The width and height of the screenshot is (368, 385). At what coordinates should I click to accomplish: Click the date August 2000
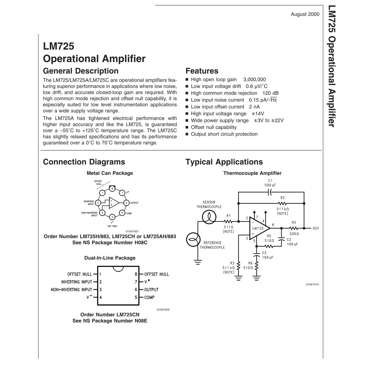point(305,14)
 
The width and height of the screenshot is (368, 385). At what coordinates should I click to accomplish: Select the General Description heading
point(81,71)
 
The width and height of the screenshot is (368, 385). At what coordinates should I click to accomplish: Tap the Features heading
point(202,71)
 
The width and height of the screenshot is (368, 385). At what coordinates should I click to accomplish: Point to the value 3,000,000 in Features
point(255,80)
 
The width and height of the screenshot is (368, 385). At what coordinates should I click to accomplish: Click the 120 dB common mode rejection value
point(271,93)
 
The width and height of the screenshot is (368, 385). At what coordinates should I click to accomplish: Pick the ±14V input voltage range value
point(258,114)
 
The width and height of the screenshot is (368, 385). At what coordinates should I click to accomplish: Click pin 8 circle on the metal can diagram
point(112,189)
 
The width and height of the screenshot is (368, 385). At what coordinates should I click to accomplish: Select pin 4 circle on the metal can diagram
point(112,217)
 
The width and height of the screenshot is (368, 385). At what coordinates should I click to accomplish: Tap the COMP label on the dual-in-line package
point(149,297)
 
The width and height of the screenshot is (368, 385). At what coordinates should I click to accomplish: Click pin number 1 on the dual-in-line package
point(100,274)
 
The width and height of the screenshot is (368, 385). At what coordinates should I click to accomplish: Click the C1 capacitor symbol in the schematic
point(270,192)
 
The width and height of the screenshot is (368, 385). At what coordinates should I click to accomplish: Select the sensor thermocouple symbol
point(209,217)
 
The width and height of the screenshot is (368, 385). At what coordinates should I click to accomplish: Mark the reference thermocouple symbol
point(193,240)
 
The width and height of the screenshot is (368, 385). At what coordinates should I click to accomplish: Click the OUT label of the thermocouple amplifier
point(316,228)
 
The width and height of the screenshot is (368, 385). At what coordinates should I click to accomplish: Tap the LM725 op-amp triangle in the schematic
point(259,228)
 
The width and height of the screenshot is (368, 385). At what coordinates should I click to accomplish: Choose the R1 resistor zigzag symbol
point(228,221)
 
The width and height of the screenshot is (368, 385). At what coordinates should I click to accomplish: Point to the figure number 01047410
point(312,284)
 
